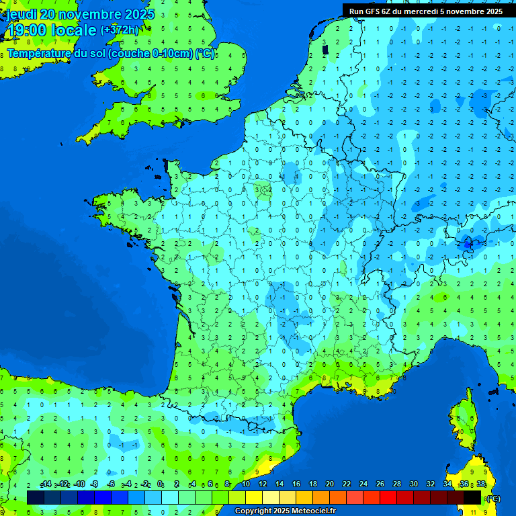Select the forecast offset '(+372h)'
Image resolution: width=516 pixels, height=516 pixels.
[x=120, y=30]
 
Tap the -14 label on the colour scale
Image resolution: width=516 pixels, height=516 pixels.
[x=46, y=484]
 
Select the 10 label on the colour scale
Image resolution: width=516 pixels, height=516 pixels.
[x=246, y=484]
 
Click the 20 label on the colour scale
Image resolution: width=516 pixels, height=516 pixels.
[x=329, y=484]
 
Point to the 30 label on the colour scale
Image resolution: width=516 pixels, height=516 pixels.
[x=413, y=484]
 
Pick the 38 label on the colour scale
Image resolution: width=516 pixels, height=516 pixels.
[x=480, y=484]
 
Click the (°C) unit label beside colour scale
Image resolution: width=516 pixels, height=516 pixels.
[x=492, y=498]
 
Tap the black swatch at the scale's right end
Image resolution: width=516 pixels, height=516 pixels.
[x=472, y=497]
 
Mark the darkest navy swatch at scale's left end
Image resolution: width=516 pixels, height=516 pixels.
[x=36, y=497]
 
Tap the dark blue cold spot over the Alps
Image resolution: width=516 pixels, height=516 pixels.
[x=466, y=246]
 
